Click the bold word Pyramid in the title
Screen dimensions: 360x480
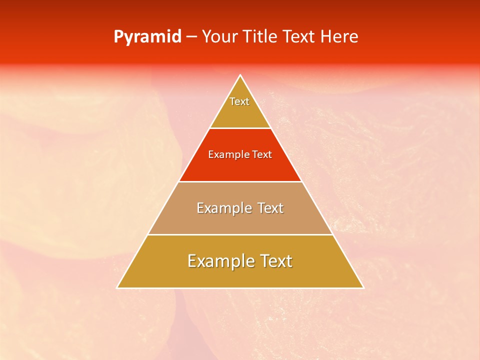tap(147, 37)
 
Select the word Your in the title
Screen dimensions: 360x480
tap(218, 37)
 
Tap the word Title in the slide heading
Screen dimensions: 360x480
tap(260, 37)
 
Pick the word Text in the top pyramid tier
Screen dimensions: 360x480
tap(239, 101)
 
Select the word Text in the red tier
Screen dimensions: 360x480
tap(262, 155)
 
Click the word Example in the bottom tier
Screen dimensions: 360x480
tap(218, 261)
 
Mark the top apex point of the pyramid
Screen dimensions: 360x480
tap(240, 75)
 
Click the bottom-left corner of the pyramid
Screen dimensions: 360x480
tap(117, 287)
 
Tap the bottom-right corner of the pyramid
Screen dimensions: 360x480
tap(363, 287)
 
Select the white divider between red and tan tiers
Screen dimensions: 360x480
tap(240, 181)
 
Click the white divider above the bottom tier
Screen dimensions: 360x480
tap(240, 234)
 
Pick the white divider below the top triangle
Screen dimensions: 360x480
tap(240, 128)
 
